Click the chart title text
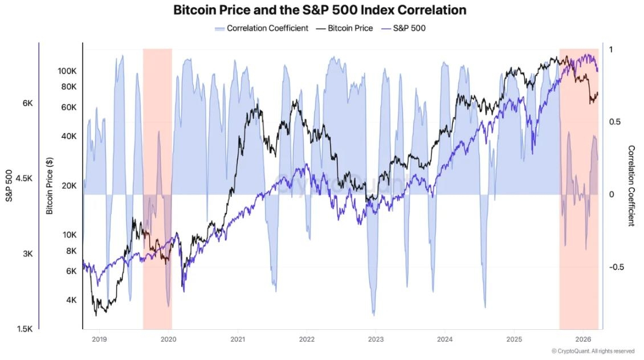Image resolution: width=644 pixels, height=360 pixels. (320, 10)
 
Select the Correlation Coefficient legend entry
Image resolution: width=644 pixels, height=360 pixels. (261, 28)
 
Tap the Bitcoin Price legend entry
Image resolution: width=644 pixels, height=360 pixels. (345, 28)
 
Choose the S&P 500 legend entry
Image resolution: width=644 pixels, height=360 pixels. (403, 28)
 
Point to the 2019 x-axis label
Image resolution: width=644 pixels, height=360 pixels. (99, 339)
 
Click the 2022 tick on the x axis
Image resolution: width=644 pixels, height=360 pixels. (307, 339)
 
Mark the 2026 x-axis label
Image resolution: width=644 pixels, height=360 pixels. (583, 339)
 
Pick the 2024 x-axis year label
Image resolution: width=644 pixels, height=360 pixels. (445, 339)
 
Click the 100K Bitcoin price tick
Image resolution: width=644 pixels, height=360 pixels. (67, 71)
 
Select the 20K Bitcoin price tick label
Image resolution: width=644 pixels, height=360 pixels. (69, 186)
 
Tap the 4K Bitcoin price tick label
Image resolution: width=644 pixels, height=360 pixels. (71, 300)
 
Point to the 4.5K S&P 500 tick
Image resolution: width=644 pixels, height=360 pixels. (25, 178)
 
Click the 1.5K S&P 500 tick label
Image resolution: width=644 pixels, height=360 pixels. (25, 329)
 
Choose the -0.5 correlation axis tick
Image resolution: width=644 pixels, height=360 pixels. (617, 267)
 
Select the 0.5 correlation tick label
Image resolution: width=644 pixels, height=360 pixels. (615, 122)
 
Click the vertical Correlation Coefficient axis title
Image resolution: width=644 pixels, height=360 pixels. (631, 186)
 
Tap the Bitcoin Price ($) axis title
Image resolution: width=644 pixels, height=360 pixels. (50, 186)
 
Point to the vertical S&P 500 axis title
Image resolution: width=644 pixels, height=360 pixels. (9, 186)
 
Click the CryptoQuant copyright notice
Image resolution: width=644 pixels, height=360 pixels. (593, 351)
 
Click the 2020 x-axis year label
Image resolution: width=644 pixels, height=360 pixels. (168, 339)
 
